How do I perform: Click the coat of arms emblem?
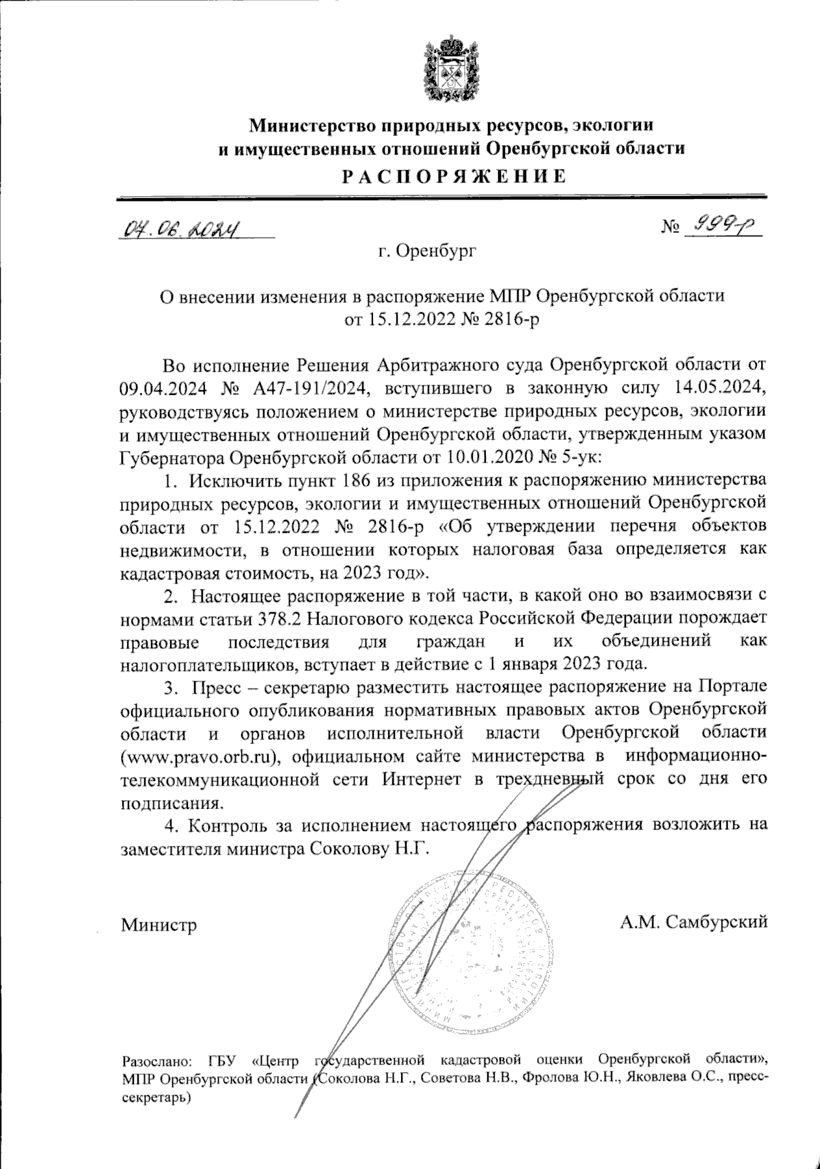(450, 70)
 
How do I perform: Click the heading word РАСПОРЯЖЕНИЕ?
(454, 176)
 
